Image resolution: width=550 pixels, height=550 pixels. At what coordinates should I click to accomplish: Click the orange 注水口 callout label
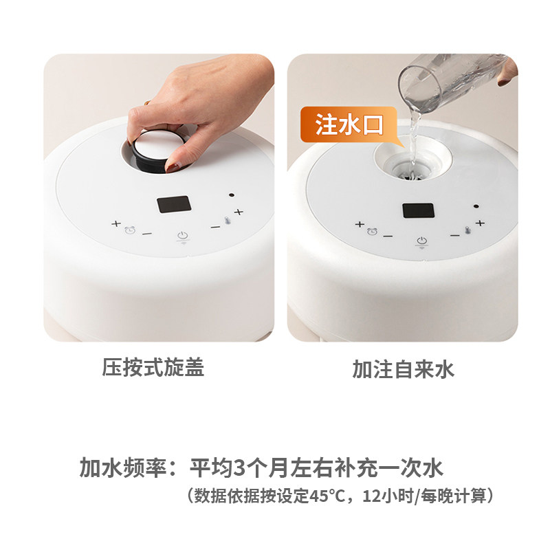[x=349, y=124]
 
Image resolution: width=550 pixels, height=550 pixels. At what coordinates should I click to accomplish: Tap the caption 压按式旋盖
[x=153, y=368]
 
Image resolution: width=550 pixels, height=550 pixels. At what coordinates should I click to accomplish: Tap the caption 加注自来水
[x=404, y=369]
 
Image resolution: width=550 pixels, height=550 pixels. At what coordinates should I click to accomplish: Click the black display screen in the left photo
[x=174, y=204]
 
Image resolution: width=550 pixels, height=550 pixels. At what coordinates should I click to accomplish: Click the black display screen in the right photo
[x=418, y=210]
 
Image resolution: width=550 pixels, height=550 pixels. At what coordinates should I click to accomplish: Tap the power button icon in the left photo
[x=183, y=235]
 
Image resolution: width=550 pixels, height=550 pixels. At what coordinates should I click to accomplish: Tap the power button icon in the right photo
[x=421, y=241]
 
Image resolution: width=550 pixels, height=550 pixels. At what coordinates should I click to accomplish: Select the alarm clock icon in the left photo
[x=130, y=230]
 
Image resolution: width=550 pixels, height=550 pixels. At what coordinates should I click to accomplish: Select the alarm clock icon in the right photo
[x=372, y=232]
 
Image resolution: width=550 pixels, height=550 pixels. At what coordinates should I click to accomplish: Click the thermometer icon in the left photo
[x=228, y=221]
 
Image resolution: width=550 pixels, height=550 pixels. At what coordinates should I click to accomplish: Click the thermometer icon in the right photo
[x=467, y=230]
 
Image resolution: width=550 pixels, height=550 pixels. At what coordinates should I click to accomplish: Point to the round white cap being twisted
[x=158, y=148]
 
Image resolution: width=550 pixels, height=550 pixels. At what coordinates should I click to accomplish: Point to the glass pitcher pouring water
[x=452, y=82]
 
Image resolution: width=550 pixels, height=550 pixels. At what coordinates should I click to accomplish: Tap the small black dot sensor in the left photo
[x=232, y=195]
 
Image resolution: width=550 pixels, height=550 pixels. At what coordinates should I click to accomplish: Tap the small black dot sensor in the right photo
[x=476, y=206]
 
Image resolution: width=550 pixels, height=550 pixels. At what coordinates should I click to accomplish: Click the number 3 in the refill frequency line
[x=239, y=467]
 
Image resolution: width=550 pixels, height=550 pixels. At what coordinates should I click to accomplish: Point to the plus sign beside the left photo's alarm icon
[x=116, y=223]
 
